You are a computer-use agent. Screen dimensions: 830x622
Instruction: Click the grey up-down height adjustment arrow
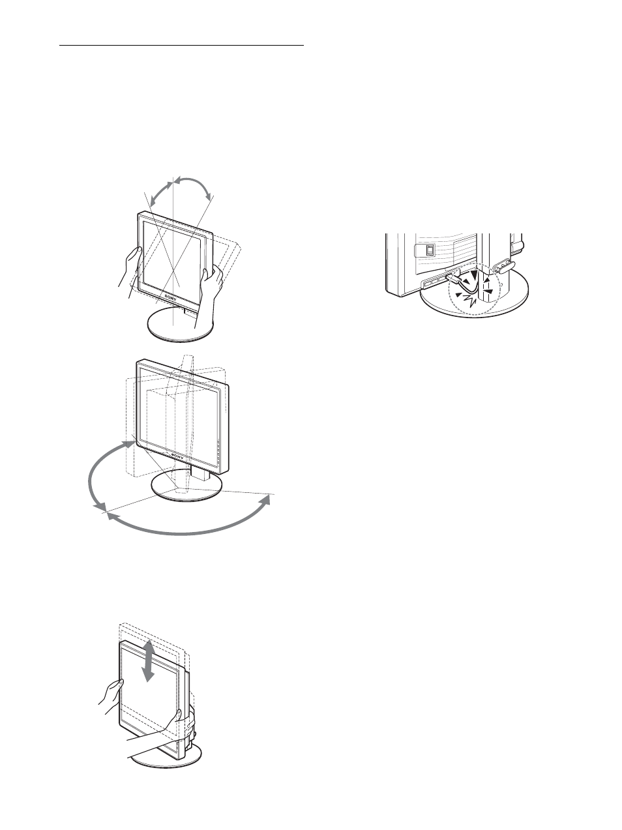click(149, 660)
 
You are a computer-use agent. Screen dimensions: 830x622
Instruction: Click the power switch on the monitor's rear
click(424, 249)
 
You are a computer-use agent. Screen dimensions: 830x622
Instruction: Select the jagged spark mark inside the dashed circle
click(468, 299)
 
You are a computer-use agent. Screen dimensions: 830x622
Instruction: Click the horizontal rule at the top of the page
click(182, 46)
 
